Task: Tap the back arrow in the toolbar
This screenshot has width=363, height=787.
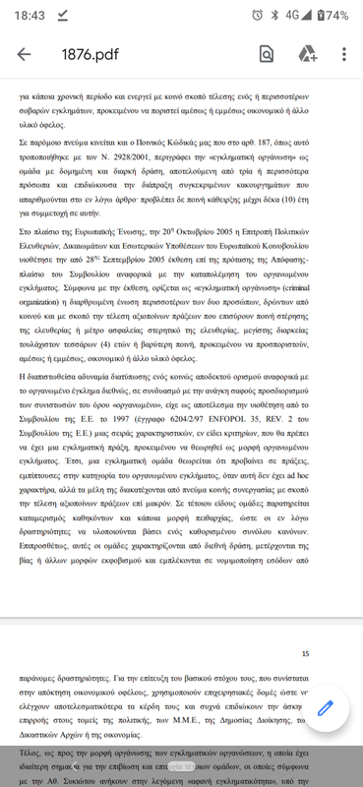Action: [x=24, y=54]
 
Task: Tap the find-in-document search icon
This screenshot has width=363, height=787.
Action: [x=267, y=54]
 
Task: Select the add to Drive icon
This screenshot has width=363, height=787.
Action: [x=307, y=54]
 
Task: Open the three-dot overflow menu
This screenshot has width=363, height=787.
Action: [x=343, y=54]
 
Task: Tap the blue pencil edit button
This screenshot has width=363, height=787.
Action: [x=327, y=709]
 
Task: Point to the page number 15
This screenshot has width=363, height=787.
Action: [x=305, y=653]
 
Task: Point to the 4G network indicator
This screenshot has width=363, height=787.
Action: [x=292, y=15]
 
